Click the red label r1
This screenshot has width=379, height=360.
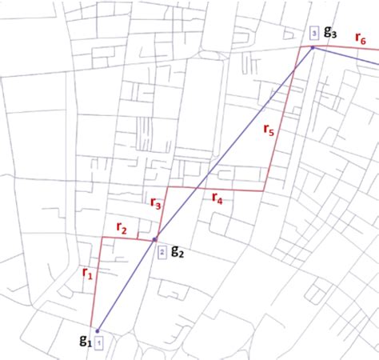(x=87, y=273)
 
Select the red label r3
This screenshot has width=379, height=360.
(x=156, y=203)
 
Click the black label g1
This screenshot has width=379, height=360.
(x=84, y=340)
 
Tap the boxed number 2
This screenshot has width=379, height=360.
(x=162, y=252)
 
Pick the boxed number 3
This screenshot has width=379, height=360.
(x=314, y=33)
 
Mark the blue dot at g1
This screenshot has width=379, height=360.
(x=97, y=330)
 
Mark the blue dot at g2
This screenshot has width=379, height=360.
(x=154, y=240)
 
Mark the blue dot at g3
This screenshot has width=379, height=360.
(x=313, y=47)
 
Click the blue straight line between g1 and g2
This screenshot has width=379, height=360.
(x=126, y=285)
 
